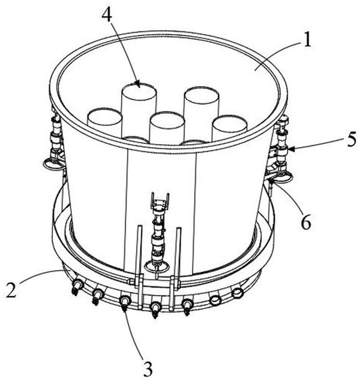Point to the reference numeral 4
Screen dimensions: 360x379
[107, 14]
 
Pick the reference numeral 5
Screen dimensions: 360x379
[351, 139]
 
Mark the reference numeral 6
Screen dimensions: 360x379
[305, 222]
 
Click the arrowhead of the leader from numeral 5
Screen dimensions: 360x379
[291, 149]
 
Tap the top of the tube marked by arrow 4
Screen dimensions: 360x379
[138, 90]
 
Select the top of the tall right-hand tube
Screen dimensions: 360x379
[202, 94]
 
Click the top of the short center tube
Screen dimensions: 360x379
[167, 119]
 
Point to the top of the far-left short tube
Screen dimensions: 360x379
[105, 115]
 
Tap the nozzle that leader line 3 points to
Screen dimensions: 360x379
[125, 303]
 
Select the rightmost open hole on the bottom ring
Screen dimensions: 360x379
[237, 293]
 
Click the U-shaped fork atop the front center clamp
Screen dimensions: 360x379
[160, 200]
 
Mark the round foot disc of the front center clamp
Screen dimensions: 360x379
[157, 267]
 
